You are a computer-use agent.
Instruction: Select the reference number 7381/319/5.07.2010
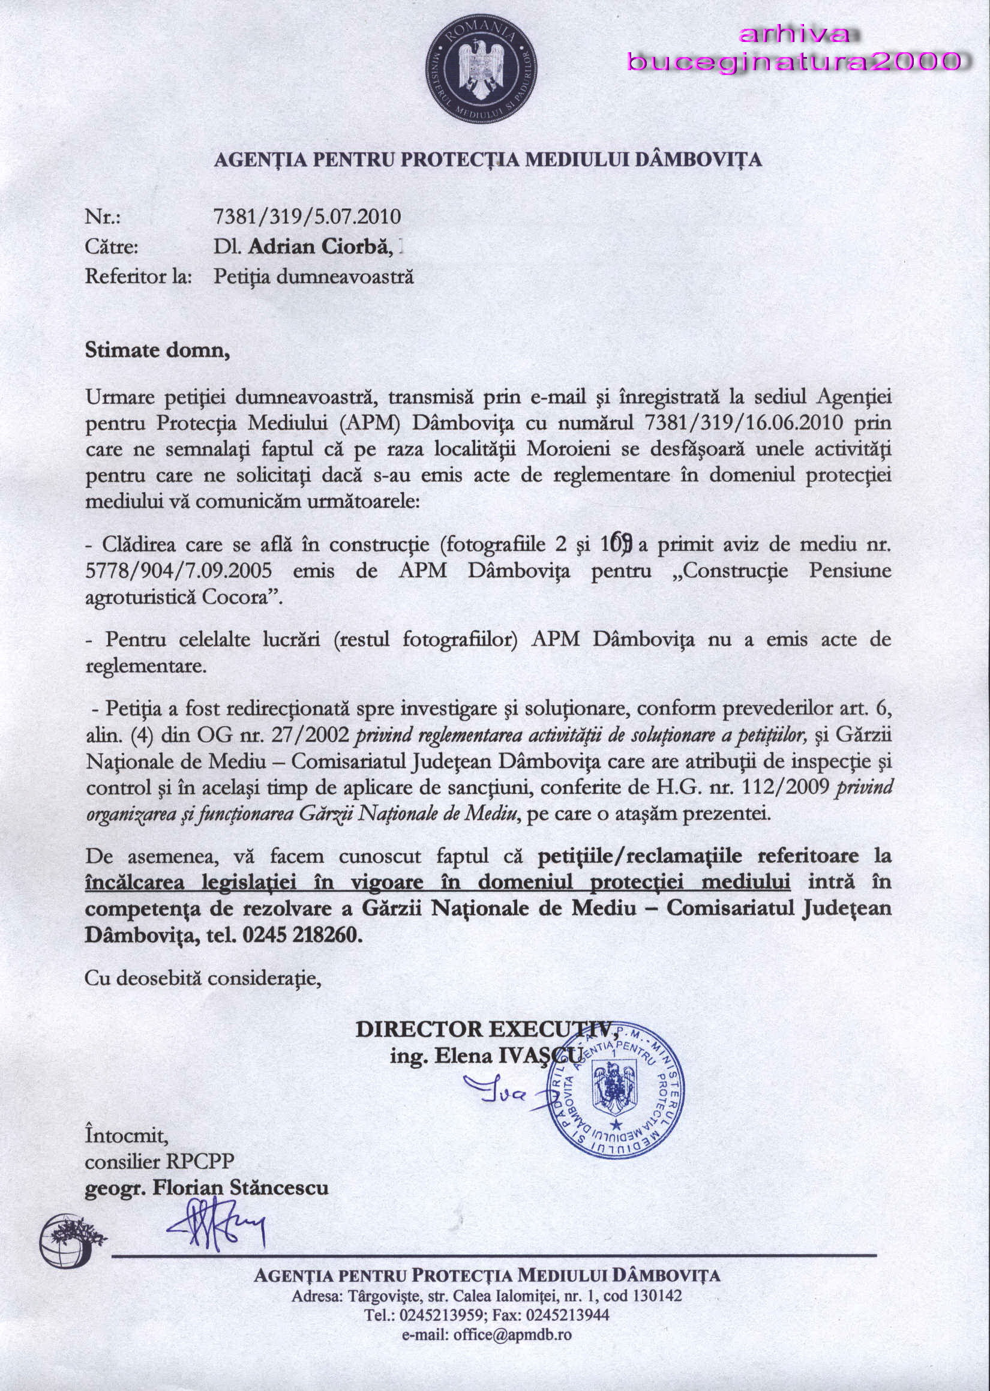pos(307,217)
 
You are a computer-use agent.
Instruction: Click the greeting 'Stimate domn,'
pos(157,350)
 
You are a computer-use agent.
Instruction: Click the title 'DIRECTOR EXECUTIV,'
pos(487,1029)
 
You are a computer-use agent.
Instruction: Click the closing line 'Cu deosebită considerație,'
pos(203,978)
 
